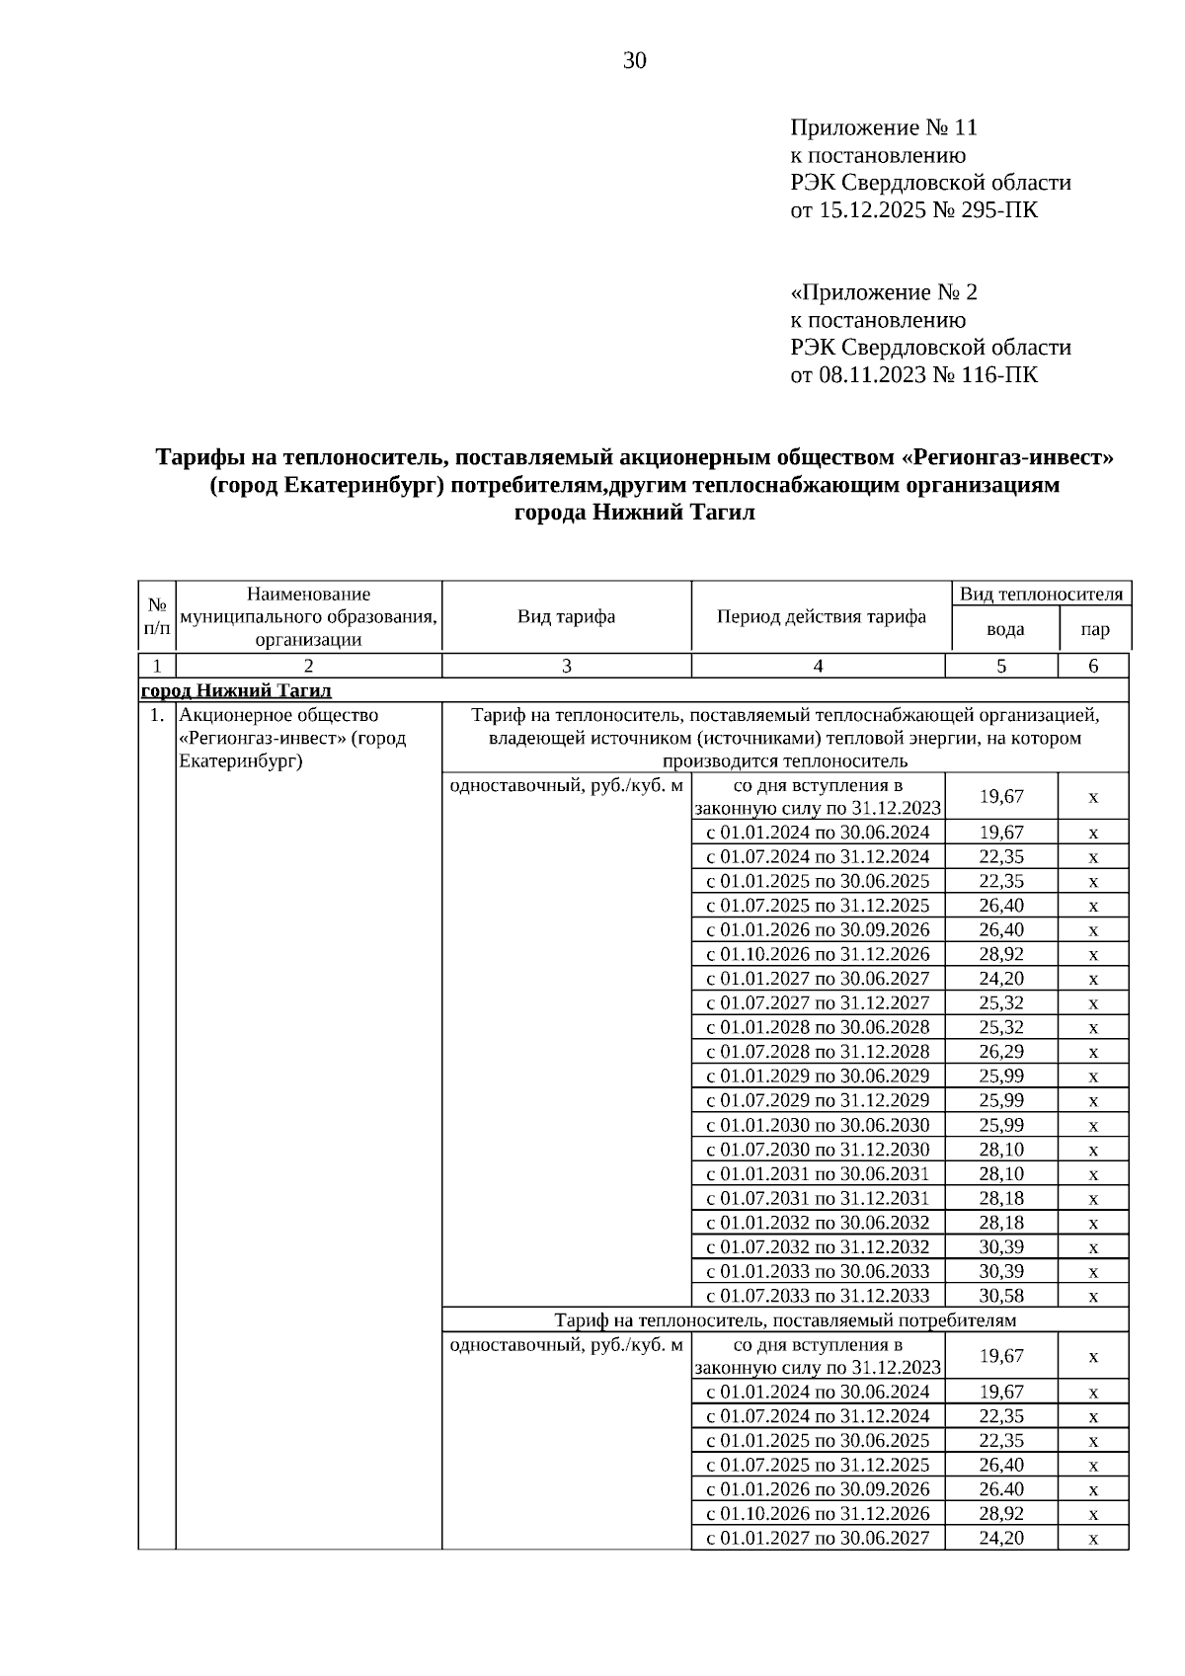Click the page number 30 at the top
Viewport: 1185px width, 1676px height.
tap(634, 61)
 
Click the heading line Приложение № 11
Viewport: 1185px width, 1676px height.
tap(883, 127)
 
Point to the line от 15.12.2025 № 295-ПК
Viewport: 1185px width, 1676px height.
tap(913, 210)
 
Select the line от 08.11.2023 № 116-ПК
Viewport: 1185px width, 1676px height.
tap(913, 375)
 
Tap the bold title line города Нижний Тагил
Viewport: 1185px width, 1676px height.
tap(634, 513)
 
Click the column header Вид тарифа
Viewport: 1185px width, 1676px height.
tap(566, 616)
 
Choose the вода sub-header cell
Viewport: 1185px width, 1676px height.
tap(1005, 629)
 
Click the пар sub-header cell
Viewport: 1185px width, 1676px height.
tap(1095, 629)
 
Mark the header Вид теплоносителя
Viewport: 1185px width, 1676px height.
tap(1041, 594)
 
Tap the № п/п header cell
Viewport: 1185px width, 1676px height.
tap(157, 616)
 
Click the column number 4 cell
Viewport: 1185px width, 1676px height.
tap(818, 666)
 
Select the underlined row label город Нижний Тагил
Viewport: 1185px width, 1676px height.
tap(237, 690)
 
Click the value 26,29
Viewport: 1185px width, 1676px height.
tap(1001, 1052)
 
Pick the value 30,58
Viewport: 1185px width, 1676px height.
tap(1001, 1296)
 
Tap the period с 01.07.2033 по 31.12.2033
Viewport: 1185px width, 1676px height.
tap(818, 1296)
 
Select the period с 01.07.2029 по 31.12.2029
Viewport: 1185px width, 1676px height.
tap(818, 1100)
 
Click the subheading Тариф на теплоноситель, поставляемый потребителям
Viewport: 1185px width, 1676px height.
tap(785, 1320)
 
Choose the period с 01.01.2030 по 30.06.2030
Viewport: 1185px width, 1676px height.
tap(818, 1125)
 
